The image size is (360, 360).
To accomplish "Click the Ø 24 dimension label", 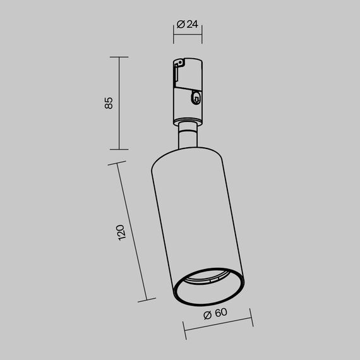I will click(x=188, y=24).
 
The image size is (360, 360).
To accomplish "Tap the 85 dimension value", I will click(x=108, y=102).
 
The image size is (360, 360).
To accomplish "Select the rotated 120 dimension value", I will click(x=122, y=232).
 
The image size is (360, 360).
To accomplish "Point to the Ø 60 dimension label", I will click(x=216, y=314).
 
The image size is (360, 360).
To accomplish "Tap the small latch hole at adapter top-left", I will click(x=179, y=63).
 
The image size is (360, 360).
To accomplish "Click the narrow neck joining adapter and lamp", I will click(x=188, y=135).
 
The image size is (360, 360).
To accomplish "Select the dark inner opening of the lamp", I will click(x=208, y=289).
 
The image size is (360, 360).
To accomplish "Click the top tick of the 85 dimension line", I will click(x=119, y=57).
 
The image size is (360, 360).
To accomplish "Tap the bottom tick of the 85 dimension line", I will click(x=119, y=150).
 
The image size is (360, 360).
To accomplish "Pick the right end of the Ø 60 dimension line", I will click(x=252, y=319).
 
